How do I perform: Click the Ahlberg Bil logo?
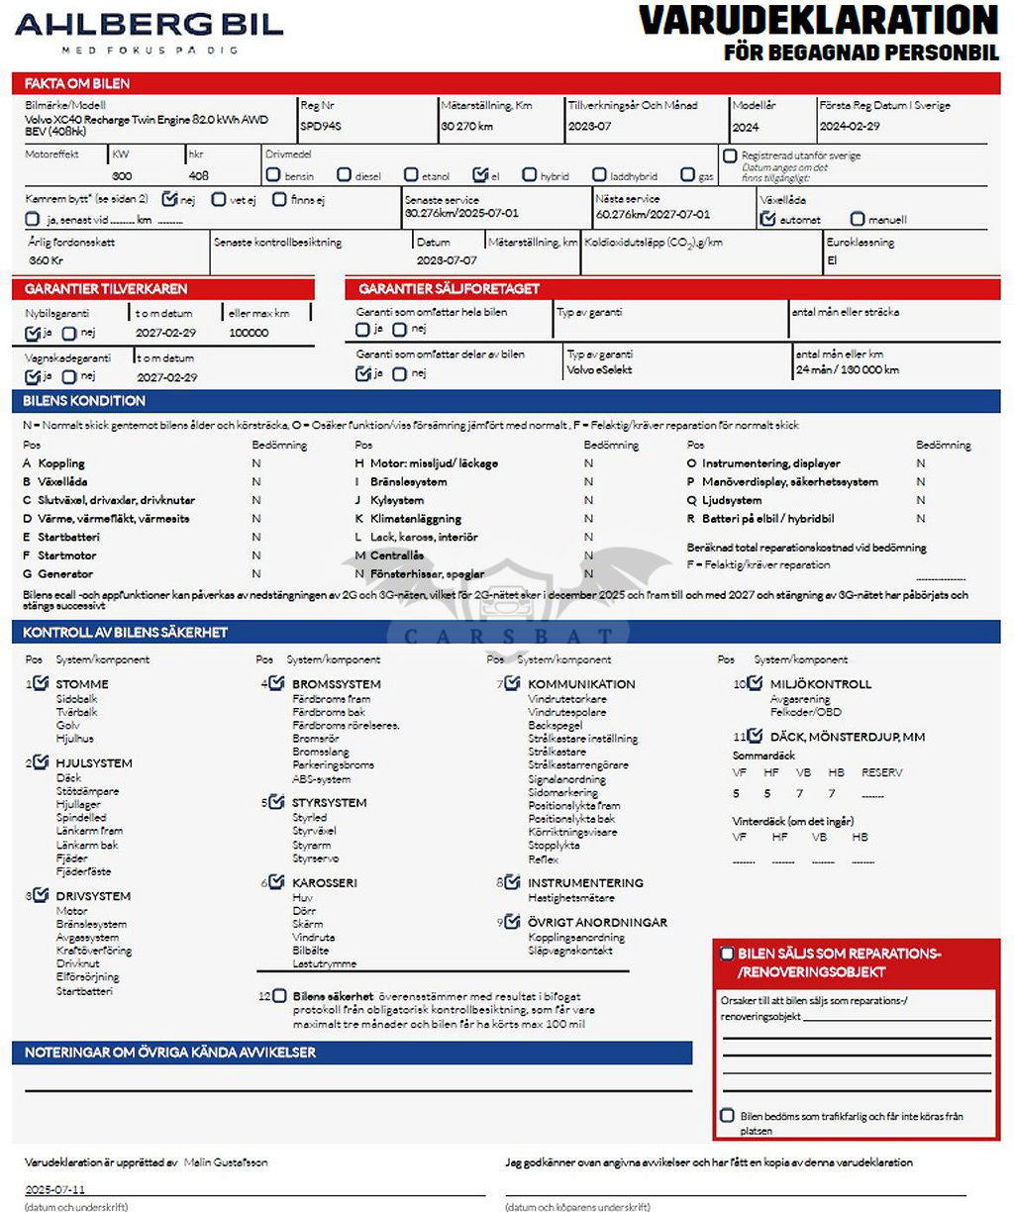click(149, 30)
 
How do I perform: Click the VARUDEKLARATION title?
click(818, 20)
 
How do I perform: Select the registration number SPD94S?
click(321, 127)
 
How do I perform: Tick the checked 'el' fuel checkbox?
click(480, 175)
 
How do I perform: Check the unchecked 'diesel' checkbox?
click(344, 175)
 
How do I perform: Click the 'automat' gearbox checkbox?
click(767, 219)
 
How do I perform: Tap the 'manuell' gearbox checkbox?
click(858, 219)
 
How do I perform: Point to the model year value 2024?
click(746, 127)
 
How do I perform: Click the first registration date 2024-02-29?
click(850, 127)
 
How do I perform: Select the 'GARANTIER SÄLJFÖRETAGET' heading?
click(449, 289)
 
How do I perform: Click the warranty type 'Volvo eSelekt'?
click(599, 370)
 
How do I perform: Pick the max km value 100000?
click(249, 334)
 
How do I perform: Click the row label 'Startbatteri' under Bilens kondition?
click(68, 538)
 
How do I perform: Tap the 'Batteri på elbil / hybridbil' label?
click(767, 519)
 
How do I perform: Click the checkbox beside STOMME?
click(41, 683)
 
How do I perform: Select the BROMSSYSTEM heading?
click(336, 684)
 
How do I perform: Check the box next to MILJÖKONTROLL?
click(755, 683)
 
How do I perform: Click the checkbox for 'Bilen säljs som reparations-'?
click(727, 954)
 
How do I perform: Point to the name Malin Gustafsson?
click(226, 1162)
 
